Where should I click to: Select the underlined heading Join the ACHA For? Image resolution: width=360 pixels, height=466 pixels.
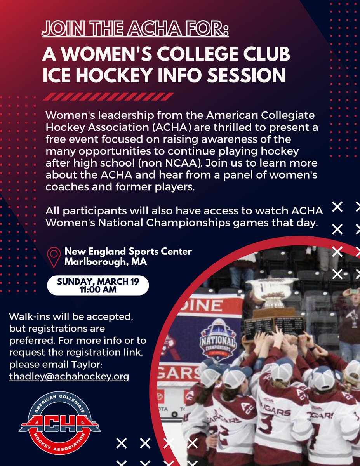(x=136, y=30)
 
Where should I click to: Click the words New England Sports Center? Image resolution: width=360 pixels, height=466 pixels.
(x=128, y=251)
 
